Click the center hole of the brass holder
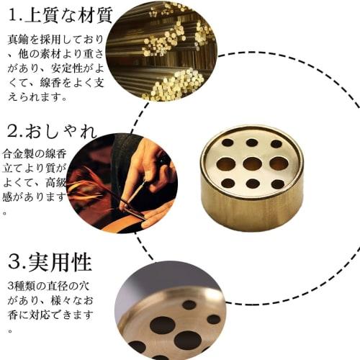252,163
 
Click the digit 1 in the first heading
12,14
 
